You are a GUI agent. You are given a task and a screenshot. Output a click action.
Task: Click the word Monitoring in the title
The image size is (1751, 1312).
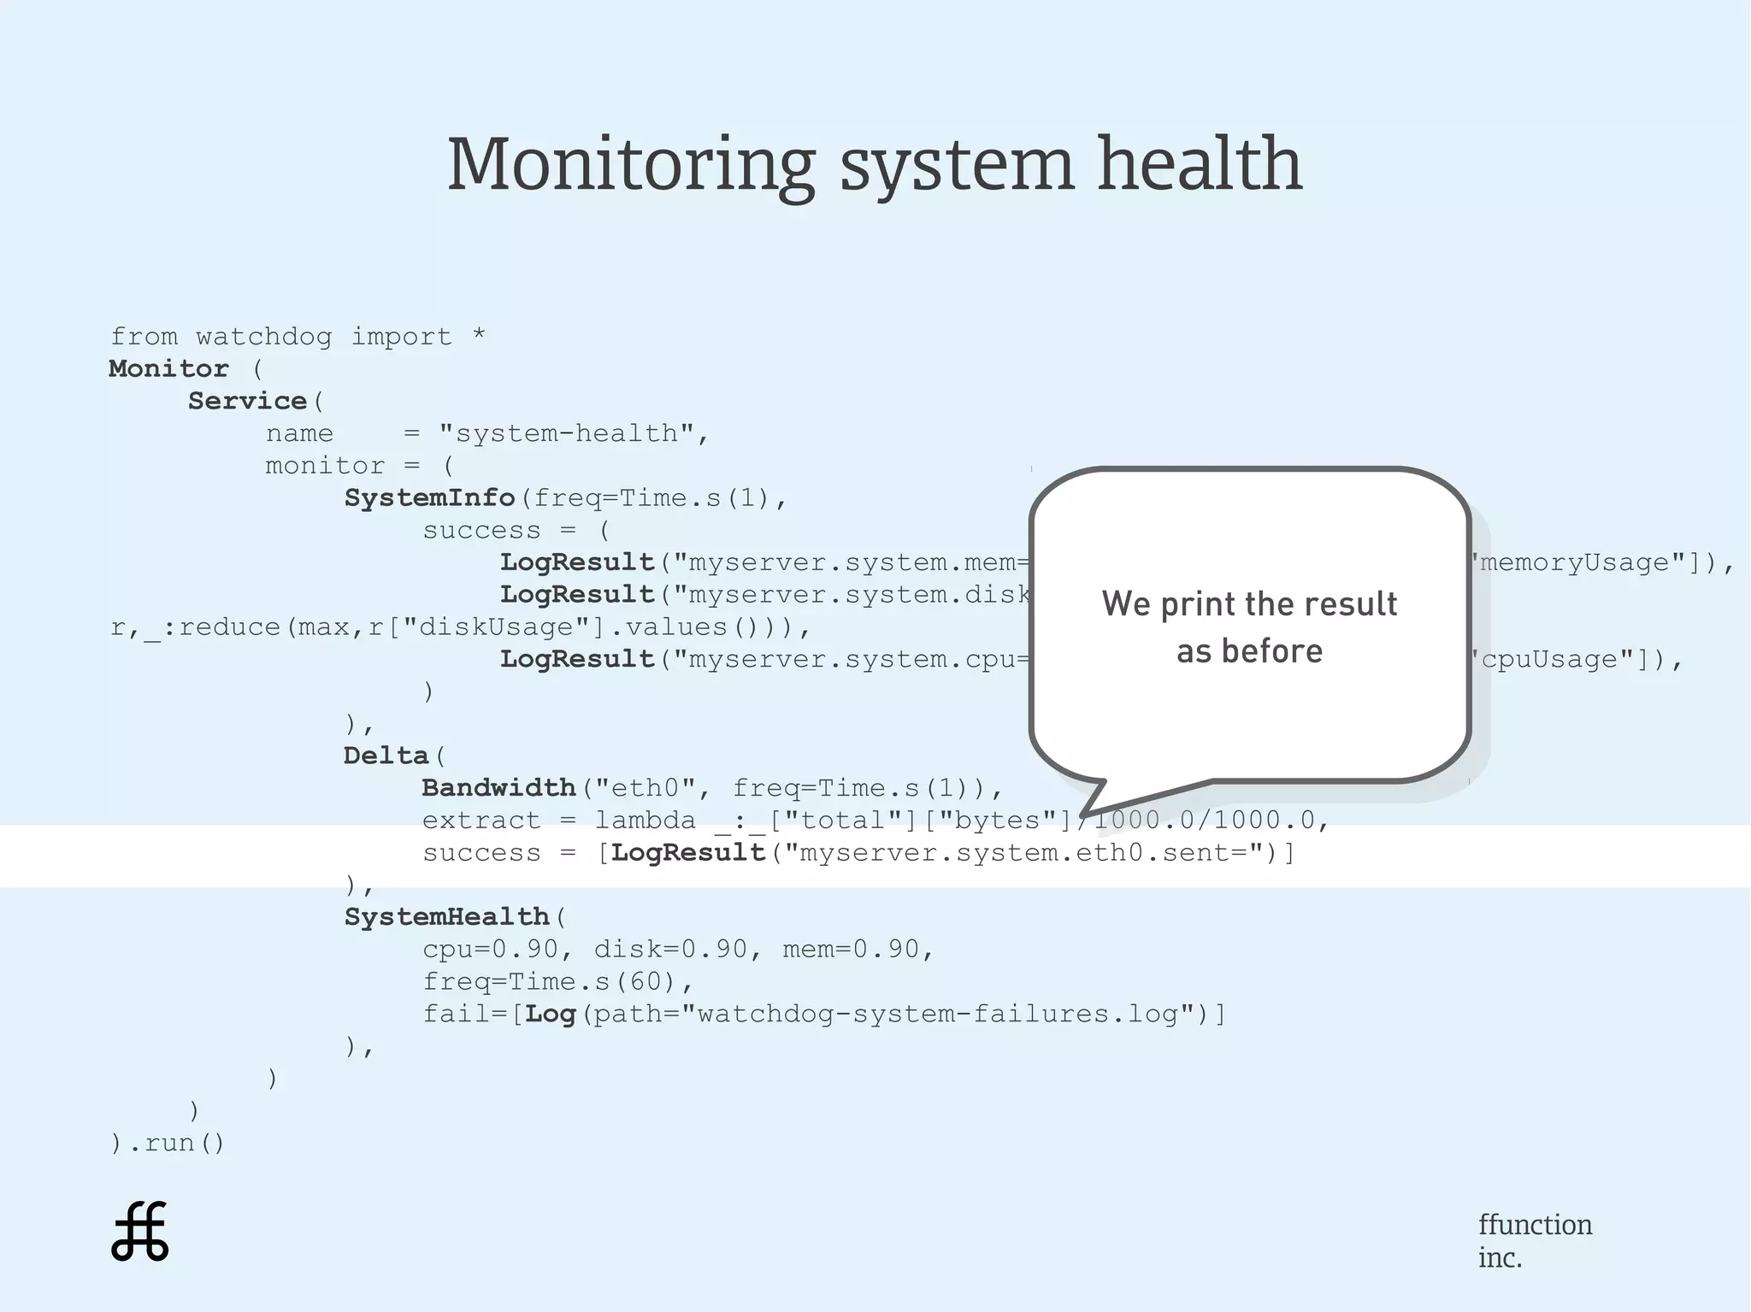[x=631, y=165]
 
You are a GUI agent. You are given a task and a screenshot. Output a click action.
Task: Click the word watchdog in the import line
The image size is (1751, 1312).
[x=263, y=337]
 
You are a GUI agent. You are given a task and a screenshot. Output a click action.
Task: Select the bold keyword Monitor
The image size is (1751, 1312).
[x=168, y=369]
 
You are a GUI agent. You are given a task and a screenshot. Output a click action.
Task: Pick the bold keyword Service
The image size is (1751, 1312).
[x=247, y=401]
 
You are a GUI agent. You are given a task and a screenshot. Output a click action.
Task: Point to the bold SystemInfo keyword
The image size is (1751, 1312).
[x=429, y=498]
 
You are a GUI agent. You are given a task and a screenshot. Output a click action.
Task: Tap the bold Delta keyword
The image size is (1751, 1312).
[x=386, y=756]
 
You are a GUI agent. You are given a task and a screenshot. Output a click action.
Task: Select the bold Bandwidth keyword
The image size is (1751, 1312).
[x=498, y=788]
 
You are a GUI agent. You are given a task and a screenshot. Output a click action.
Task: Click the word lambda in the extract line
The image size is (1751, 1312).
[x=646, y=821]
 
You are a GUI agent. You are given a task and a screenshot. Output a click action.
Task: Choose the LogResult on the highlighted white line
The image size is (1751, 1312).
[x=688, y=853]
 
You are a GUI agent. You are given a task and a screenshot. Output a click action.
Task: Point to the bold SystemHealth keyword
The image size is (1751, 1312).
[x=446, y=917]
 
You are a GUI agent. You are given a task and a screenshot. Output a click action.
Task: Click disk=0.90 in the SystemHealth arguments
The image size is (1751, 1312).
[x=669, y=950]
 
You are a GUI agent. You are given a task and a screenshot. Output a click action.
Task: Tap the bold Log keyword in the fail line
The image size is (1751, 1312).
[x=550, y=1015]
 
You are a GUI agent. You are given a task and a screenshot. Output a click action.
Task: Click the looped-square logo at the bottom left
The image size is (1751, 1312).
[x=140, y=1232]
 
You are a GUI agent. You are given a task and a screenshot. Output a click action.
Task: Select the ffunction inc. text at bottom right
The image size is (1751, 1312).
[x=1535, y=1240]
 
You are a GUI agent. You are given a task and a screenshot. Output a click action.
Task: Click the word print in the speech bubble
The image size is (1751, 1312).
[x=1198, y=604]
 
